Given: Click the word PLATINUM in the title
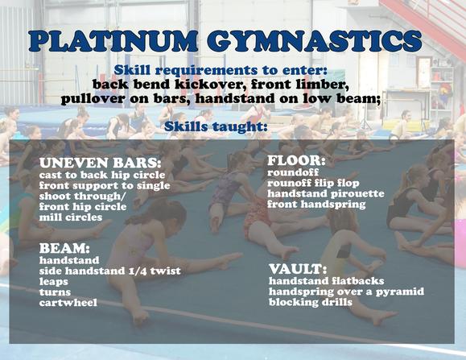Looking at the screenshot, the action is click(x=113, y=41).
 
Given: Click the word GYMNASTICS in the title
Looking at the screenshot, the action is click(x=315, y=41).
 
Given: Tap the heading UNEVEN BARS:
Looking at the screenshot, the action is click(x=100, y=163).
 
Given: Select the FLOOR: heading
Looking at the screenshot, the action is click(x=296, y=161).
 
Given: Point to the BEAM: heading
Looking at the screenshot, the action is click(x=64, y=248).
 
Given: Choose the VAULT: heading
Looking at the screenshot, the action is click(x=298, y=269).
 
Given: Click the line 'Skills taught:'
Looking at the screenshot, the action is click(x=216, y=126).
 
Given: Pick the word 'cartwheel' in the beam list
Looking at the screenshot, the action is click(x=68, y=303).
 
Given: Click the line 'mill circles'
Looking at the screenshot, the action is click(x=71, y=217).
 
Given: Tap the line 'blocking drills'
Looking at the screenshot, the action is click(x=311, y=302).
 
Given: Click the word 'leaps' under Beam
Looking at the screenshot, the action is click(x=54, y=282).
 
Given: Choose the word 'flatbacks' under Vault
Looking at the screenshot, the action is click(x=355, y=281).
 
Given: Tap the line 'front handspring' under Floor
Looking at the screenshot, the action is click(x=316, y=205).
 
